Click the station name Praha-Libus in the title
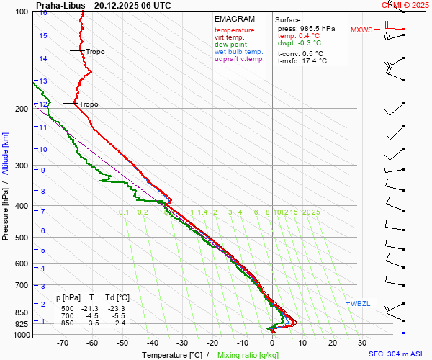60,5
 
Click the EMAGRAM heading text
234,19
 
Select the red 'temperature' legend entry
234,30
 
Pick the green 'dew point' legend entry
230,45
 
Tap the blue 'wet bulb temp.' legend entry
238,52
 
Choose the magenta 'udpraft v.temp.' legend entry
240,59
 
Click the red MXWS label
362,30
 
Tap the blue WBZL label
360,304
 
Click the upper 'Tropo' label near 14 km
95,52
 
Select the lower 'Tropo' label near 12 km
89,104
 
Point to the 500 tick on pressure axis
21,238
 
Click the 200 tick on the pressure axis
21,109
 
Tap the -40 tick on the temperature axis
152,343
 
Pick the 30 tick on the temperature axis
362,343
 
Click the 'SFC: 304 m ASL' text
397,354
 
